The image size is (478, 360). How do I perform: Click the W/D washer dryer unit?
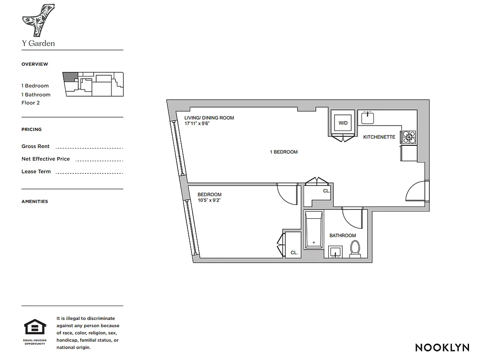point(343,122)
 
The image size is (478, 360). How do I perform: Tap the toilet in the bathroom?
point(355,249)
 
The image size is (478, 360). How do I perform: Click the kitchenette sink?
point(368,117)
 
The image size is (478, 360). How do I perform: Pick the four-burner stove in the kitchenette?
point(409,136)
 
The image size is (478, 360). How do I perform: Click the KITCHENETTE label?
point(379,137)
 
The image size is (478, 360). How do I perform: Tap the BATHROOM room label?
point(342,235)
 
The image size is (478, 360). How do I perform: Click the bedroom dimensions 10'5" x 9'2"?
point(209,200)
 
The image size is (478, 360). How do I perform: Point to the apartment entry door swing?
point(416,192)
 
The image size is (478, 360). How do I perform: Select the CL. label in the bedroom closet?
point(294,253)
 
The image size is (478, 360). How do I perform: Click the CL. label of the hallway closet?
point(326,191)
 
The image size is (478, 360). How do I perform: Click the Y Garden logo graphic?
point(39,20)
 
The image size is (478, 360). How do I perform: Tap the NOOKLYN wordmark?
point(442,347)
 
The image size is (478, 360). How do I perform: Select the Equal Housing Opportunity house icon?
point(35,327)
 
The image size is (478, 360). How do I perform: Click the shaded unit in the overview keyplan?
point(70,77)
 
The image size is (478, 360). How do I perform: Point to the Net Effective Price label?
point(45,159)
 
